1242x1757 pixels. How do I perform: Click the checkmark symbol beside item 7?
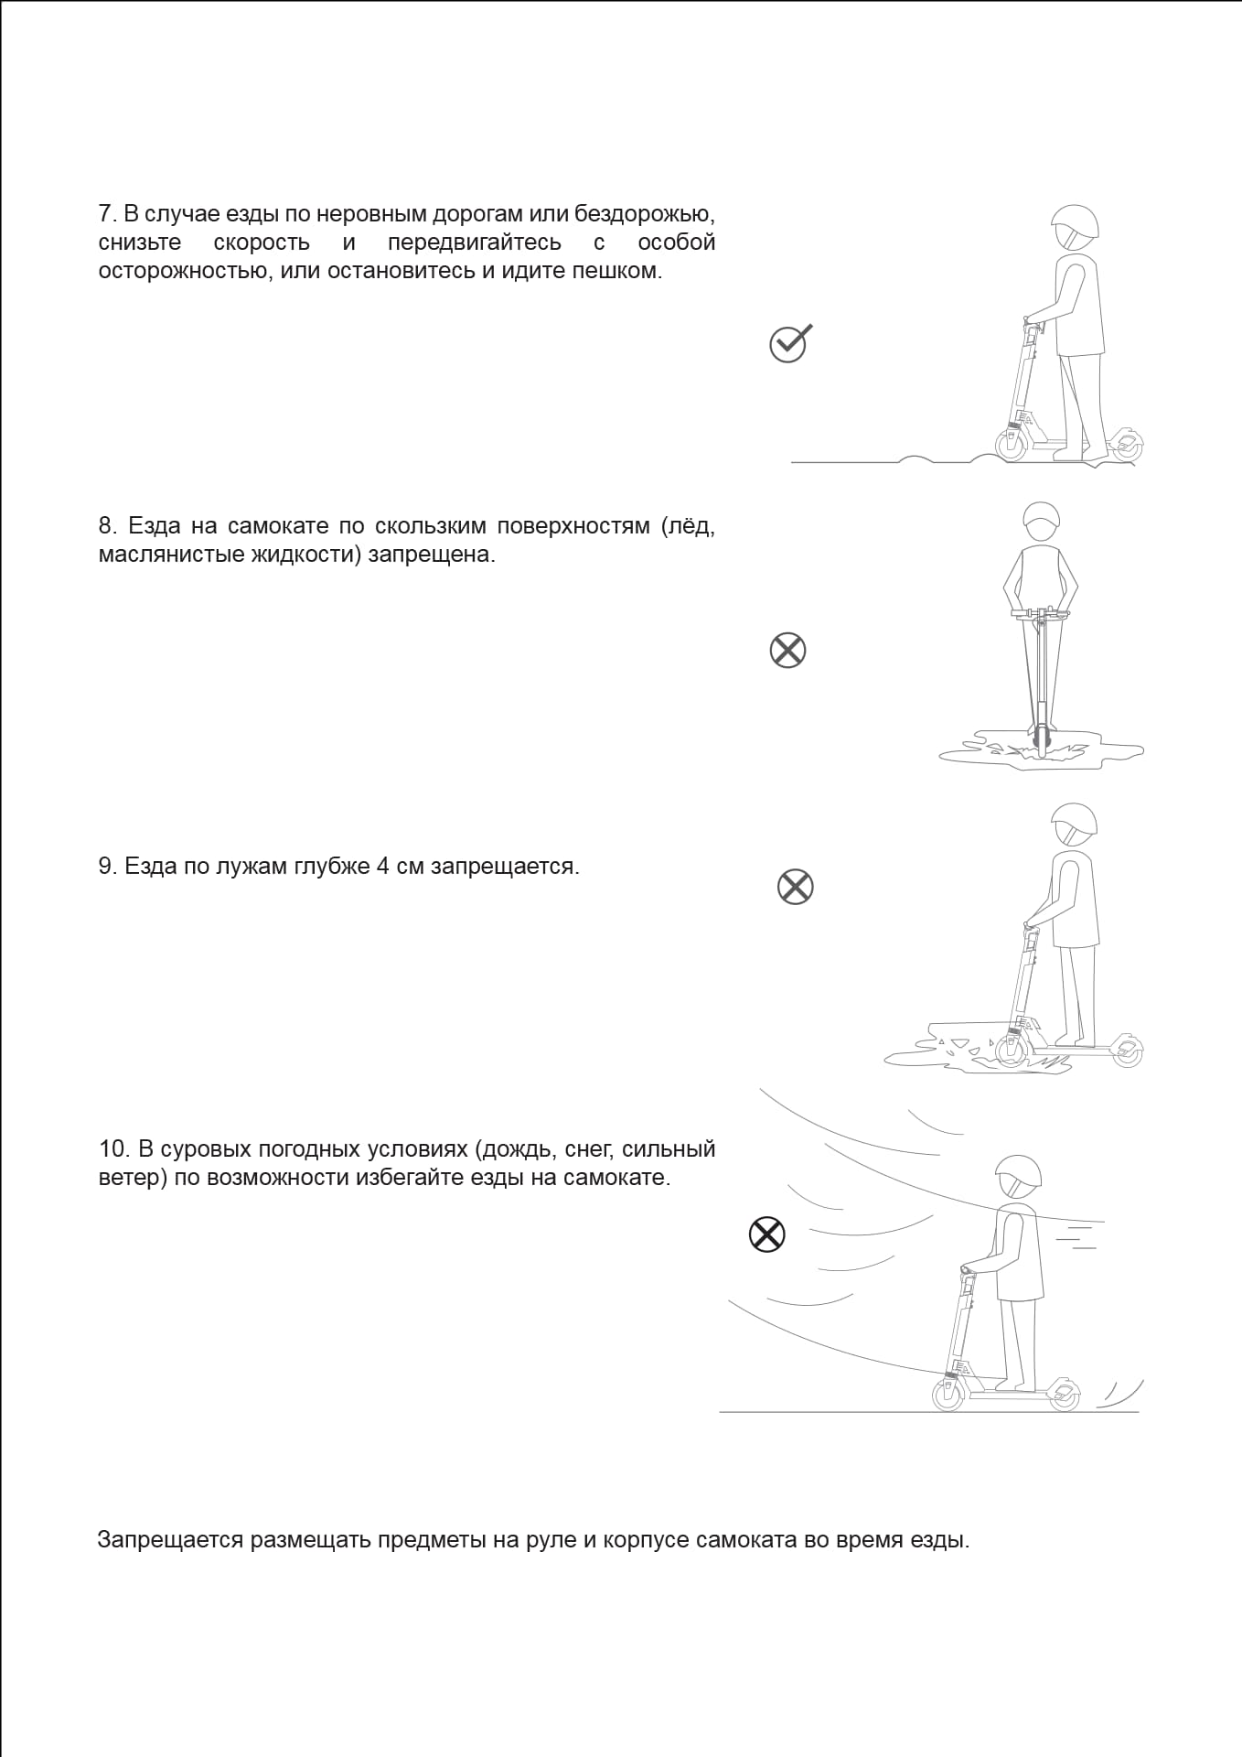pyautogui.click(x=789, y=343)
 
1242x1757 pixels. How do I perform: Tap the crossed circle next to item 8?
pyautogui.click(x=787, y=651)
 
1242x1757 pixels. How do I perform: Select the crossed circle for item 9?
pyautogui.click(x=795, y=887)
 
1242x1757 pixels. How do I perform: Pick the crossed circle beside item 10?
pyautogui.click(x=766, y=1234)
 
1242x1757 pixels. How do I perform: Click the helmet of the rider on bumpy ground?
pyautogui.click(x=1076, y=222)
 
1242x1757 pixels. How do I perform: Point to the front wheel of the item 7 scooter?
pyautogui.click(x=1012, y=447)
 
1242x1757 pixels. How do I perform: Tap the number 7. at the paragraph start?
pyautogui.click(x=107, y=214)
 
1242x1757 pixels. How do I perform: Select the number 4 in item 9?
pyautogui.click(x=382, y=867)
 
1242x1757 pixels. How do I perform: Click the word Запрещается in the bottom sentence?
pyautogui.click(x=170, y=1540)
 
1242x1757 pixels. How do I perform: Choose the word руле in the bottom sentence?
pyautogui.click(x=550, y=1540)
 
